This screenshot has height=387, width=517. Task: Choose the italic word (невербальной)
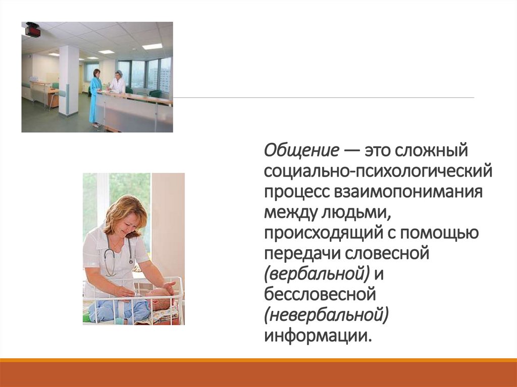[326, 317]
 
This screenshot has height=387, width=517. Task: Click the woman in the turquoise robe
[95, 96]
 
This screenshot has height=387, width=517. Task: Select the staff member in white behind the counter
[118, 83]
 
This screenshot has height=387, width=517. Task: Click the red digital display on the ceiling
[33, 30]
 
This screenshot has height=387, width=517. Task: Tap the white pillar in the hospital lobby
[69, 81]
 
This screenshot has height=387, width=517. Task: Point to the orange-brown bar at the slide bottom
[258, 373]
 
